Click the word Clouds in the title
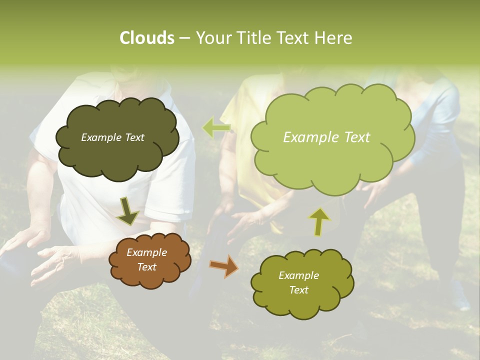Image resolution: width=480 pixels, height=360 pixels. pos(146,38)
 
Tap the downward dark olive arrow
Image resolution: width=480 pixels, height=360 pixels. pos(127,212)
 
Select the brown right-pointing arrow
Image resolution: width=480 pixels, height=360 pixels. pos(223,266)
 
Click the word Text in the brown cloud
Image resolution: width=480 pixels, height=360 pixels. pos(147,267)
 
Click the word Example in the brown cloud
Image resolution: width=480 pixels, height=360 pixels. pos(147,253)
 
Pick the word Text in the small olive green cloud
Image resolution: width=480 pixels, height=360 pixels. pos(299,290)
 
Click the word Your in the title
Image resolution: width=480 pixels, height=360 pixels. pos(213,38)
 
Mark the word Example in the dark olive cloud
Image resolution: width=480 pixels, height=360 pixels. pos(100,137)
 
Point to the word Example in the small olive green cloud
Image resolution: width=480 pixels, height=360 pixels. pos(299,275)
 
